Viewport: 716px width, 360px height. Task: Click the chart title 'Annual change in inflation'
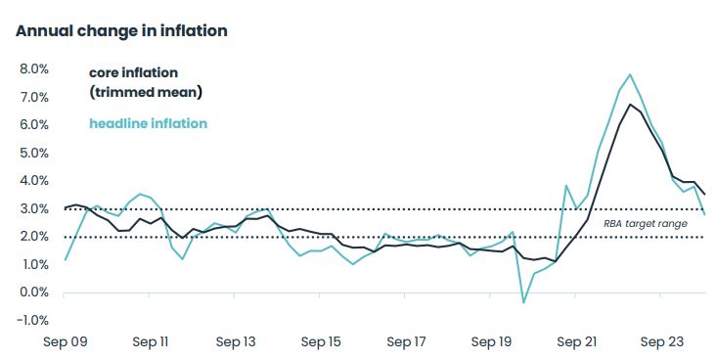[121, 31]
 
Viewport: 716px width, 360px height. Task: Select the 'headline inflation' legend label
[148, 123]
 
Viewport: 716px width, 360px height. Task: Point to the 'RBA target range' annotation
[646, 223]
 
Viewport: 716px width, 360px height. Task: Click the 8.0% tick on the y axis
[34, 69]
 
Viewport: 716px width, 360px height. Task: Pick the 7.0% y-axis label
[34, 98]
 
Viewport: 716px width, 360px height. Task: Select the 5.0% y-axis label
[34, 154]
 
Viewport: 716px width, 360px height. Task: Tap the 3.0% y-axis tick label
[34, 209]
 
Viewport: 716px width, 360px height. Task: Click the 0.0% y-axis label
[34, 292]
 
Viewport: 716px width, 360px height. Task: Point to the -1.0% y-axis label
[32, 320]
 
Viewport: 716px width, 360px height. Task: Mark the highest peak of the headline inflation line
[630, 74]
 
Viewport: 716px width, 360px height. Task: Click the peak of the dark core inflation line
[630, 105]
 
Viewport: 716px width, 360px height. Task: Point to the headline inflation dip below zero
[523, 302]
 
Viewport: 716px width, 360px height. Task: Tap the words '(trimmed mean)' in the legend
[146, 92]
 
